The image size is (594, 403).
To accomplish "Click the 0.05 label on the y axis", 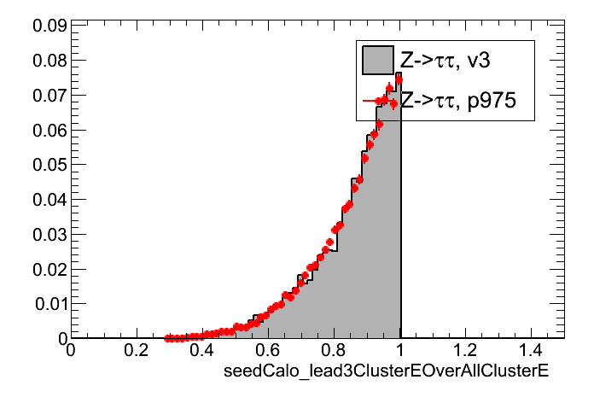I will click(x=49, y=165).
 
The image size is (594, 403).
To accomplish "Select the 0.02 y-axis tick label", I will click(x=49, y=269).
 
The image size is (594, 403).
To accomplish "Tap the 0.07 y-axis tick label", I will click(x=49, y=95).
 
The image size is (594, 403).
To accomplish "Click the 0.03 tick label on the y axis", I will click(x=49, y=234).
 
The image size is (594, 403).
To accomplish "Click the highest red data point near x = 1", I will click(x=399, y=80).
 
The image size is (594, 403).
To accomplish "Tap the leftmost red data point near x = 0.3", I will click(x=167, y=338).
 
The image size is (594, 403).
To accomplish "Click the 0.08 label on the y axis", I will click(x=49, y=61).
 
